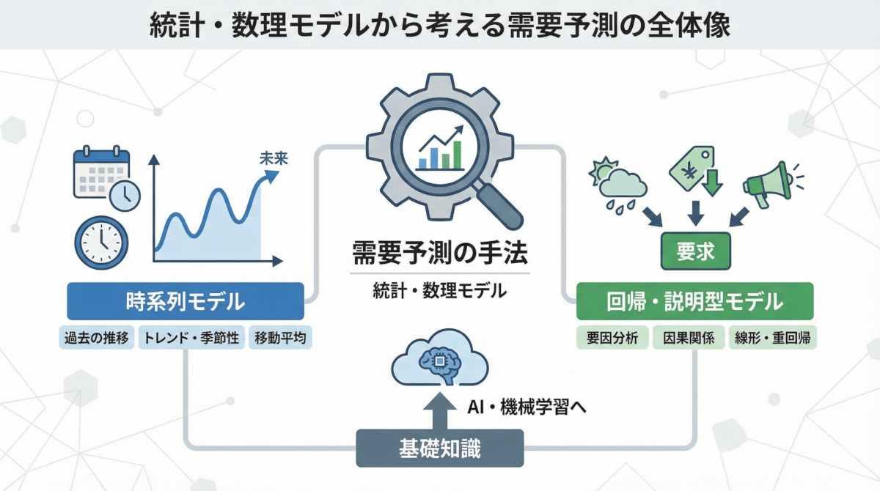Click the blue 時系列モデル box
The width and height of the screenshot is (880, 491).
pyautogui.click(x=185, y=301)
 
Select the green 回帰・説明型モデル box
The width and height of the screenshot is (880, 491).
pyautogui.click(x=694, y=301)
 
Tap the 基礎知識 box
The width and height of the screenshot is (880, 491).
pyautogui.click(x=440, y=448)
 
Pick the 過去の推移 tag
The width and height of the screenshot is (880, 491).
pyautogui.click(x=96, y=338)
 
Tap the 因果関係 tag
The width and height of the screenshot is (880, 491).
pyautogui.click(x=688, y=338)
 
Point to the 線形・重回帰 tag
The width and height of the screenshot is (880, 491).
pyautogui.click(x=773, y=338)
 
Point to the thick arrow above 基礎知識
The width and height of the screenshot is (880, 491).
pyautogui.click(x=439, y=411)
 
